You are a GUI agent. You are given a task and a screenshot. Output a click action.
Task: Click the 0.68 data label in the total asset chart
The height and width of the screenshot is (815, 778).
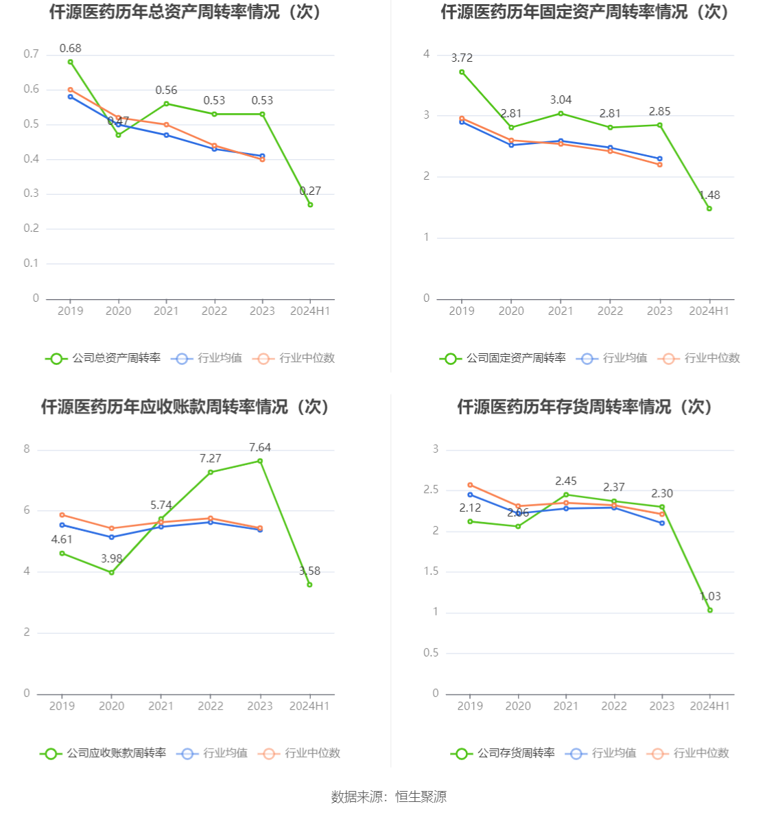point(70,48)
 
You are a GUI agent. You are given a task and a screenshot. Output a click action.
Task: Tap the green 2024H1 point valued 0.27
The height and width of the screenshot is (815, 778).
point(310,204)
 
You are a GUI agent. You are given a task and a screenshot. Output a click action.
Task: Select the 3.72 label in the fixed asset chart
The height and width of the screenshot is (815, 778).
point(462,58)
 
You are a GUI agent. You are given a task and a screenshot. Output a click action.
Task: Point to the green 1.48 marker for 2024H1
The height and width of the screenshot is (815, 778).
point(709,209)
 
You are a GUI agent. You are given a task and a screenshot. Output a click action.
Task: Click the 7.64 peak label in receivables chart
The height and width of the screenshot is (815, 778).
point(260,447)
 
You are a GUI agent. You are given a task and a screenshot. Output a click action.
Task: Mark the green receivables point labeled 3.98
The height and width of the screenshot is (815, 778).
point(112,572)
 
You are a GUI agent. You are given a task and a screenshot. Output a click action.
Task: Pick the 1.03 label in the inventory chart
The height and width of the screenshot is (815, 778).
point(710,596)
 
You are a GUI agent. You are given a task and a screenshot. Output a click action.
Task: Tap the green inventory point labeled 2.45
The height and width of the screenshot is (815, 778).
point(566,495)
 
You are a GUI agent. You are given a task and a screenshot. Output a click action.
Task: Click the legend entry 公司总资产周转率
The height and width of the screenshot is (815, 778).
point(103,358)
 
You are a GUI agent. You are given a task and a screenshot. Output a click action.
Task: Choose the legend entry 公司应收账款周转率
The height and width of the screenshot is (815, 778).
point(103,753)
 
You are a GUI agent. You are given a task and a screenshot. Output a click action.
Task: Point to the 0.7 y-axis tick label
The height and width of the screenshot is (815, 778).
point(32,54)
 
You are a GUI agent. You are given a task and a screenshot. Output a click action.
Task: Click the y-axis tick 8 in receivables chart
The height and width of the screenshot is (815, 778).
point(27,449)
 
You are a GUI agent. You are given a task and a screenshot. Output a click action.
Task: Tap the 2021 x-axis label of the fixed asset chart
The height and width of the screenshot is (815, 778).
point(561,311)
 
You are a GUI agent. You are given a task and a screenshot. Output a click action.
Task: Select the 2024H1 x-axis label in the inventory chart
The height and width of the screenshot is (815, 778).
point(710,706)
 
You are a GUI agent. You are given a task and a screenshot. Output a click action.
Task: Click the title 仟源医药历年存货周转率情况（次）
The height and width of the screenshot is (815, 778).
point(585,407)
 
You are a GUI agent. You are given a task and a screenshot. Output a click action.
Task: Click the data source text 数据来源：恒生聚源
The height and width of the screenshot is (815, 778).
point(389,796)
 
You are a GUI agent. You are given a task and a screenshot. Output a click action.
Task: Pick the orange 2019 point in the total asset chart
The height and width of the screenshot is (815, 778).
point(70,90)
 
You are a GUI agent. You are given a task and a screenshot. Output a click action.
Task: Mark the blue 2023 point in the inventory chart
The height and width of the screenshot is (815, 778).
point(662,523)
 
